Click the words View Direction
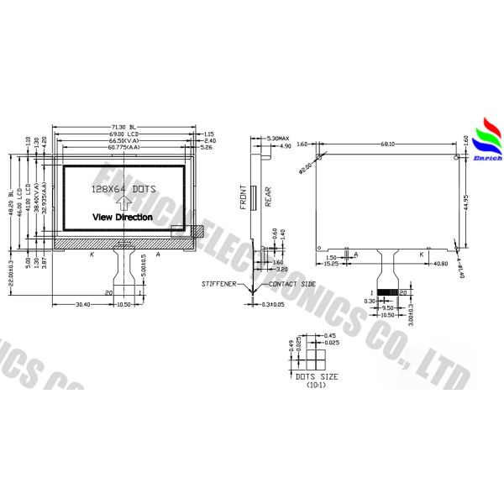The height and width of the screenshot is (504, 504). pyautogui.click(x=123, y=217)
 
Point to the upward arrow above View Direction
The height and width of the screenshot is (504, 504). pyautogui.click(x=123, y=202)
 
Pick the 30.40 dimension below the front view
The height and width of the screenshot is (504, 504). pyautogui.click(x=82, y=304)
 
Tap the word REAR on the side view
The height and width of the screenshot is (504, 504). pyautogui.click(x=267, y=196)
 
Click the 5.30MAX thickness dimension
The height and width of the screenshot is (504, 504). pyautogui.click(x=278, y=138)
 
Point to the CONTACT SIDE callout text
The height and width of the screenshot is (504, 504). pyautogui.click(x=293, y=285)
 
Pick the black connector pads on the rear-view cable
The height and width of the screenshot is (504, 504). pyautogui.click(x=388, y=291)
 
